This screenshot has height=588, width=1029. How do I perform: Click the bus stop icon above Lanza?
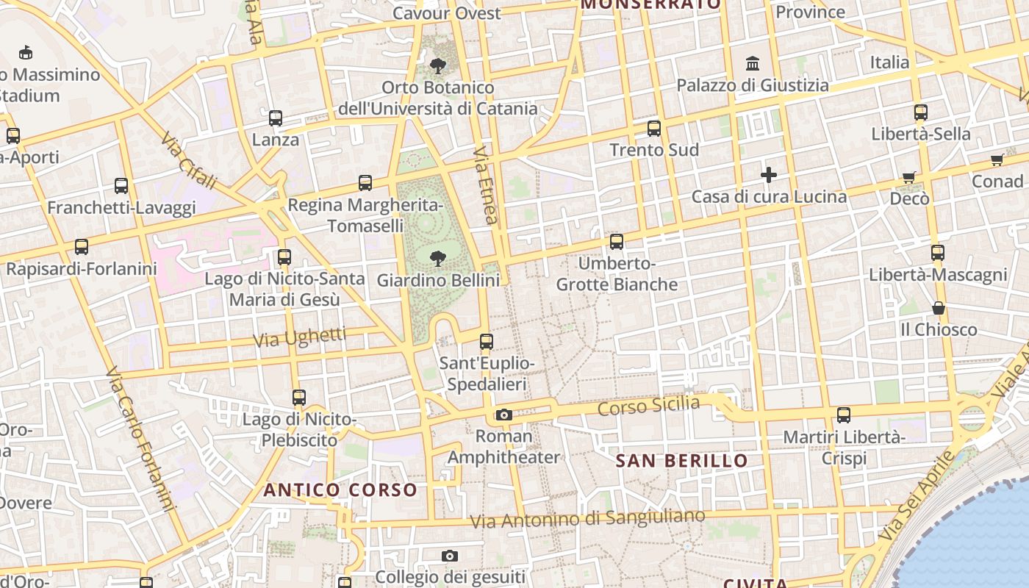276,118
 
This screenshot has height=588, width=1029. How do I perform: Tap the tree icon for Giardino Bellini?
438,258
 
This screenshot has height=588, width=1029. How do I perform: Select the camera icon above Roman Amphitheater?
503,415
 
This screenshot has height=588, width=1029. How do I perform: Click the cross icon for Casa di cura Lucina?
769,175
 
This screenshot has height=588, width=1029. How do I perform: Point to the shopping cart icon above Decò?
909,176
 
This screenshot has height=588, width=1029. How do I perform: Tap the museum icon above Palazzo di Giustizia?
753,64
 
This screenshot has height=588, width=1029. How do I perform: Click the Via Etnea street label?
486,184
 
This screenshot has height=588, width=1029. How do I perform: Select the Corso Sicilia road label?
648,405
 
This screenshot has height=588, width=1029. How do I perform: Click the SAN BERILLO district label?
681,461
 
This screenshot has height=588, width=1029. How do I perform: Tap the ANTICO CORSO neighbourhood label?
340,490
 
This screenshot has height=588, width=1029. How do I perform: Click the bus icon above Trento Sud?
654,129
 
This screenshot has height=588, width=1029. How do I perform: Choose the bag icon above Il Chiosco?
939,307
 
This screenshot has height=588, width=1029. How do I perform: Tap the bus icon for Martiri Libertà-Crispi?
844,415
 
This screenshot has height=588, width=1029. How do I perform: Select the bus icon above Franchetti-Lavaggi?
121,185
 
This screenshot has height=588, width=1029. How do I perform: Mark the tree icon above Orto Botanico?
438,66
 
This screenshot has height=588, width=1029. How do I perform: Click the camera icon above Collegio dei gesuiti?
450,556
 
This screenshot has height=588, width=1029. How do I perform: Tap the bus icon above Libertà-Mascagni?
938,252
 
